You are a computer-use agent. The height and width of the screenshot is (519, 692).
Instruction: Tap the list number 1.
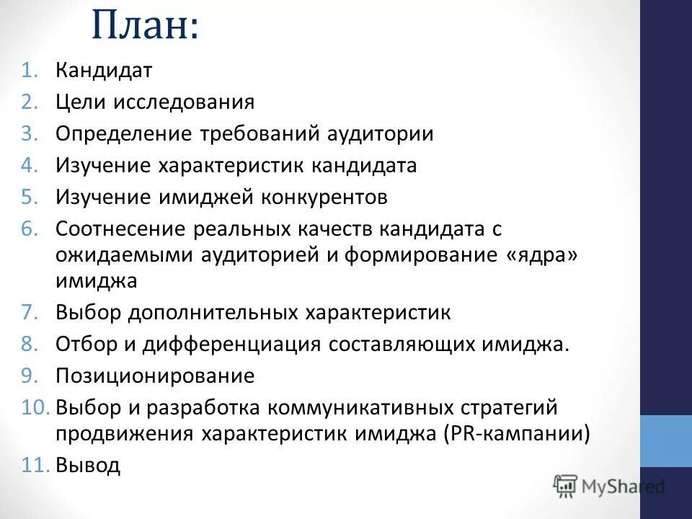point(28,71)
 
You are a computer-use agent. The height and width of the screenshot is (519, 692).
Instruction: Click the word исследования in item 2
point(183,102)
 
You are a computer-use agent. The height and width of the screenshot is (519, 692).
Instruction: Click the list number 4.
point(28,166)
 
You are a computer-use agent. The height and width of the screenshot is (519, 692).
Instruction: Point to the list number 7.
point(28,312)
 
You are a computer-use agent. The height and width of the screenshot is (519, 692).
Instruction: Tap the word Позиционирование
point(155,376)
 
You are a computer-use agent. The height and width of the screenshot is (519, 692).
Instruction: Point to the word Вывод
point(88,466)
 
